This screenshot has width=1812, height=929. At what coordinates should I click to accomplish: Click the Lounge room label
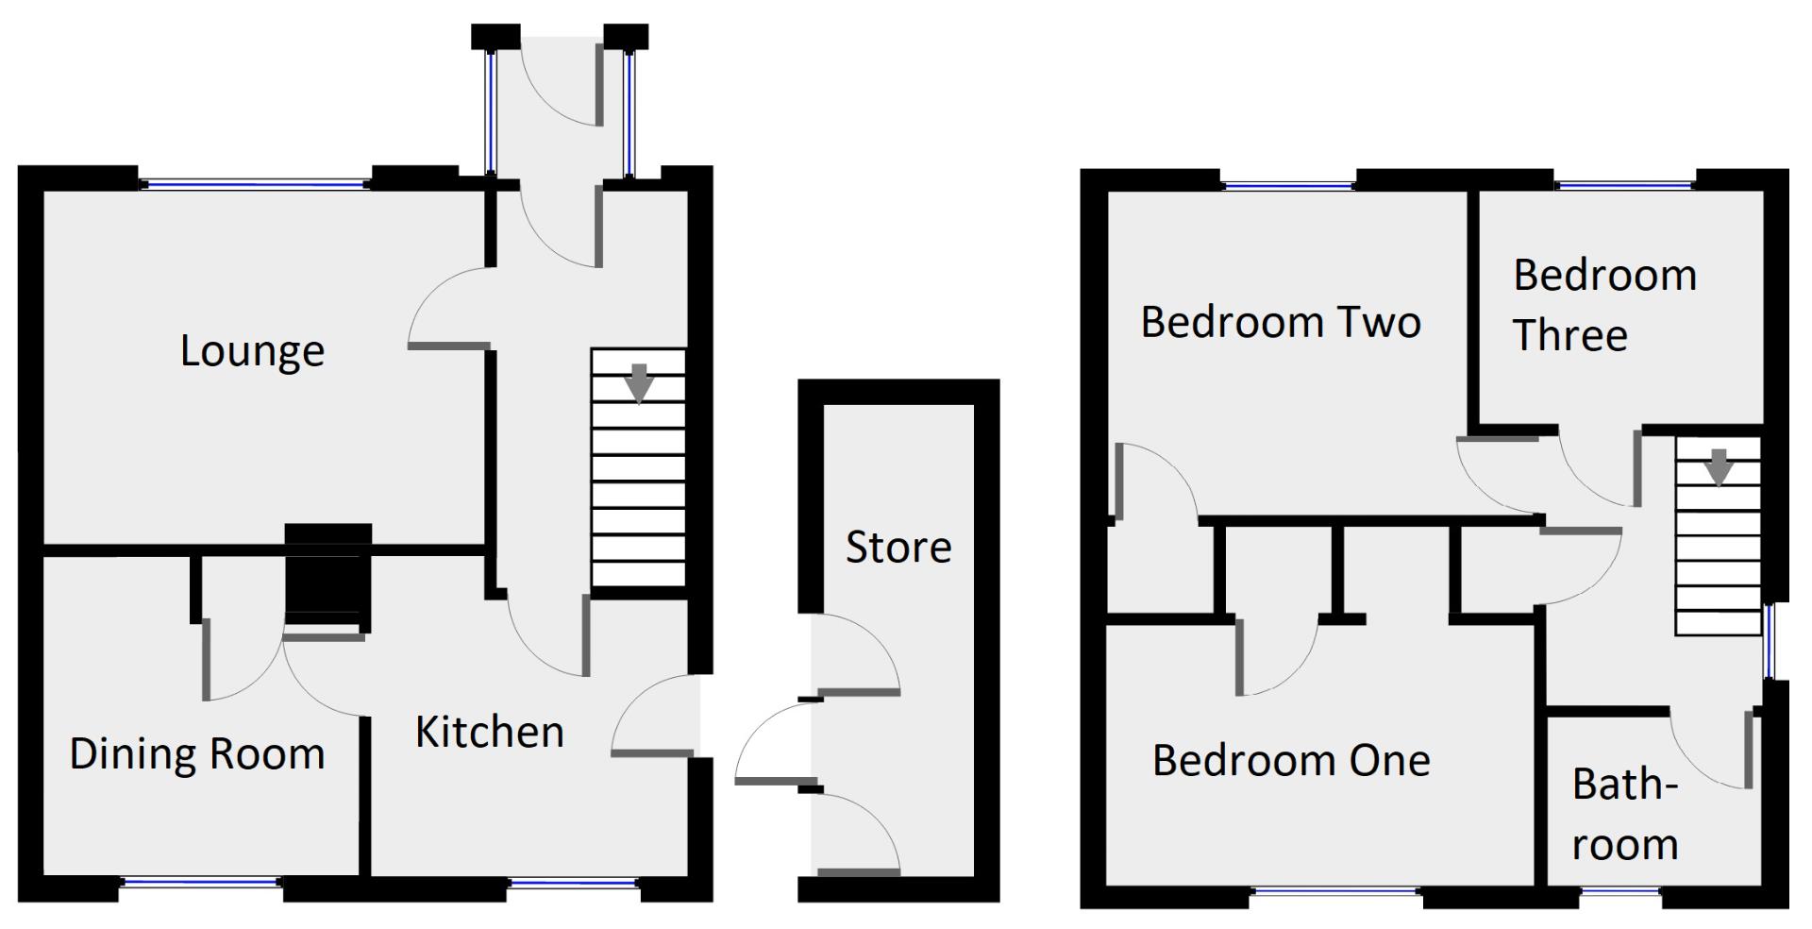click(x=252, y=351)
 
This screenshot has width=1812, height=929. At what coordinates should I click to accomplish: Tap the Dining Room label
click(x=197, y=753)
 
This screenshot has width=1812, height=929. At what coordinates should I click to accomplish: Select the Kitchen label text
click(x=490, y=732)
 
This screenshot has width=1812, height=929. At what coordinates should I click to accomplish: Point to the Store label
click(x=898, y=547)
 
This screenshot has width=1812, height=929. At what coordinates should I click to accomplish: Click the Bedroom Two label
click(x=1281, y=322)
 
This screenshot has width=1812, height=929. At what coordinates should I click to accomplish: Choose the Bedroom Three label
click(x=1604, y=305)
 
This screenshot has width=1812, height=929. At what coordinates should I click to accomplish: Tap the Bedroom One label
click(x=1291, y=760)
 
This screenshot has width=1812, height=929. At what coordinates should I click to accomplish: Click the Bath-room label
click(x=1625, y=814)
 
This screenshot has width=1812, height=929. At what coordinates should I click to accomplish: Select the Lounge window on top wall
click(x=256, y=184)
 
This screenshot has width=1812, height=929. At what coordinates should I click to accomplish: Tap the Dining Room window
click(x=201, y=883)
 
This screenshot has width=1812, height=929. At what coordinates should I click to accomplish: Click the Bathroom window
click(x=1620, y=889)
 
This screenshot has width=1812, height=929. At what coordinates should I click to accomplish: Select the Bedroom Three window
click(x=1624, y=185)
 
